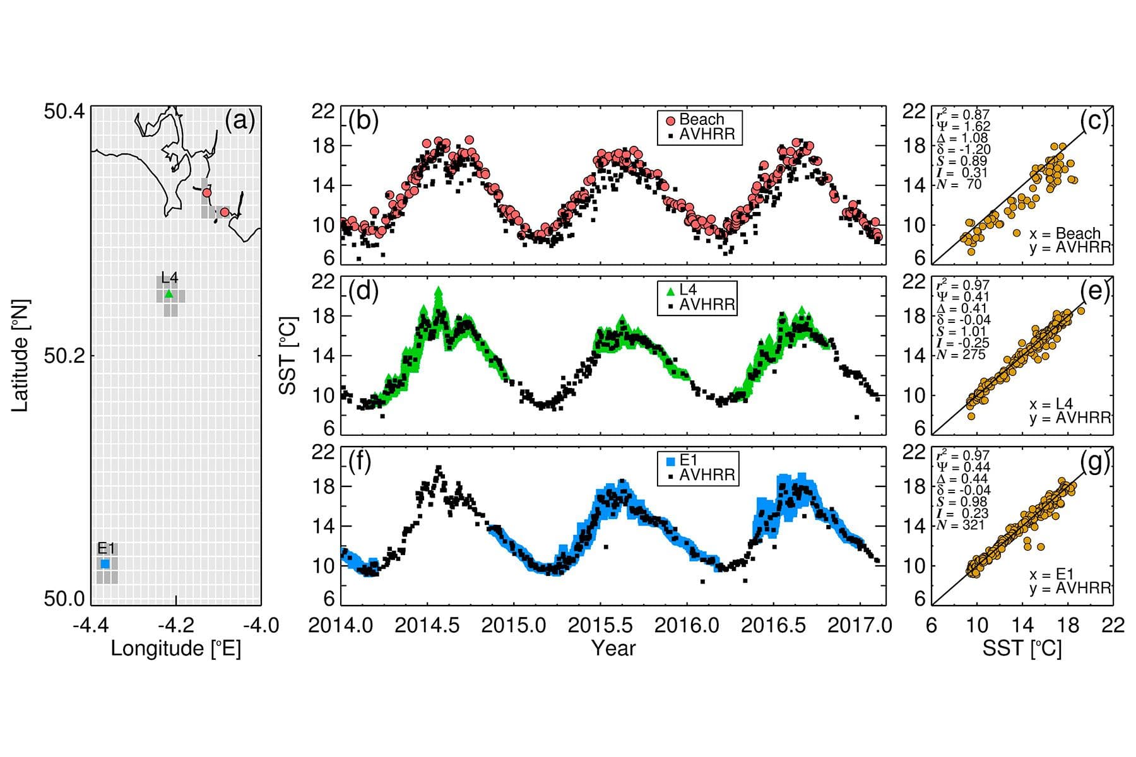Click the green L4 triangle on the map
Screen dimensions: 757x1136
tap(169, 293)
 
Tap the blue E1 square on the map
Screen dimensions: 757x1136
tap(105, 563)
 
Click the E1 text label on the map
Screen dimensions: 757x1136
tap(106, 548)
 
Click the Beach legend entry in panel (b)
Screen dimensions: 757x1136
tap(701, 119)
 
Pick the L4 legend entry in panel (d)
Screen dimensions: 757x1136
tap(687, 290)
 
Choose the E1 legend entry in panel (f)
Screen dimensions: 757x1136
tap(687, 461)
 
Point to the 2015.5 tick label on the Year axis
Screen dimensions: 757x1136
tap(600, 625)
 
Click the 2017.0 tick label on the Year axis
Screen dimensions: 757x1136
tap(861, 625)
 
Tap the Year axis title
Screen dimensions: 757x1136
tap(613, 648)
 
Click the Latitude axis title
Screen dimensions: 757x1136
tap(20, 355)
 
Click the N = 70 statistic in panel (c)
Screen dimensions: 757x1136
tap(959, 184)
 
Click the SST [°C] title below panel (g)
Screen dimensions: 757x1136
tap(1022, 648)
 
